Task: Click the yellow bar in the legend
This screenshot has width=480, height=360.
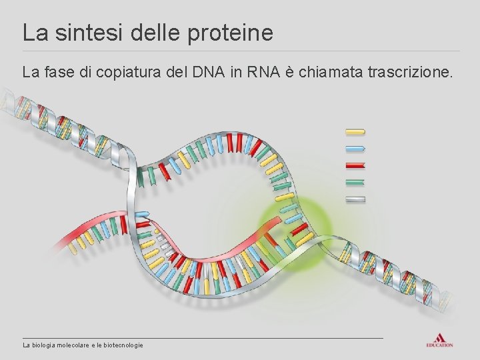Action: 355,131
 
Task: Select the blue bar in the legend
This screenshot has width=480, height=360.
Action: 355,148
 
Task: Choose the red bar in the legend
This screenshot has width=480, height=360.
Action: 355,165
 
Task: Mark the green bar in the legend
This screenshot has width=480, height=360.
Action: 355,181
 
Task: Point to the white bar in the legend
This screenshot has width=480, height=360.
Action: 355,199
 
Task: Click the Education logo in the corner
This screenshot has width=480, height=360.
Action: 439,339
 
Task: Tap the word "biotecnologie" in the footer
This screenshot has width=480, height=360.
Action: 123,345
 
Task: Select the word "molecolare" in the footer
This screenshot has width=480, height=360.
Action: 77,345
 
